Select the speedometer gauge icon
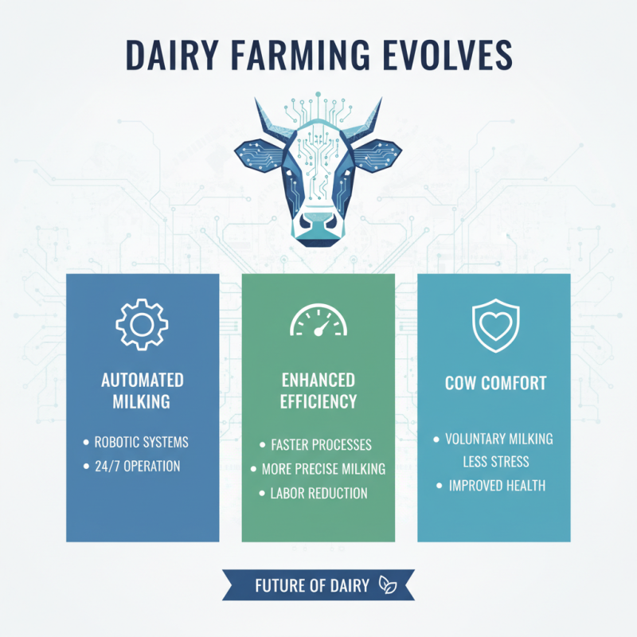click(318, 322)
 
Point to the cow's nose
click(318, 225)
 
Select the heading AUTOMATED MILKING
click(143, 390)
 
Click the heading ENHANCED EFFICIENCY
click(318, 390)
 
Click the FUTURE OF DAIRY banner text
click(312, 585)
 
